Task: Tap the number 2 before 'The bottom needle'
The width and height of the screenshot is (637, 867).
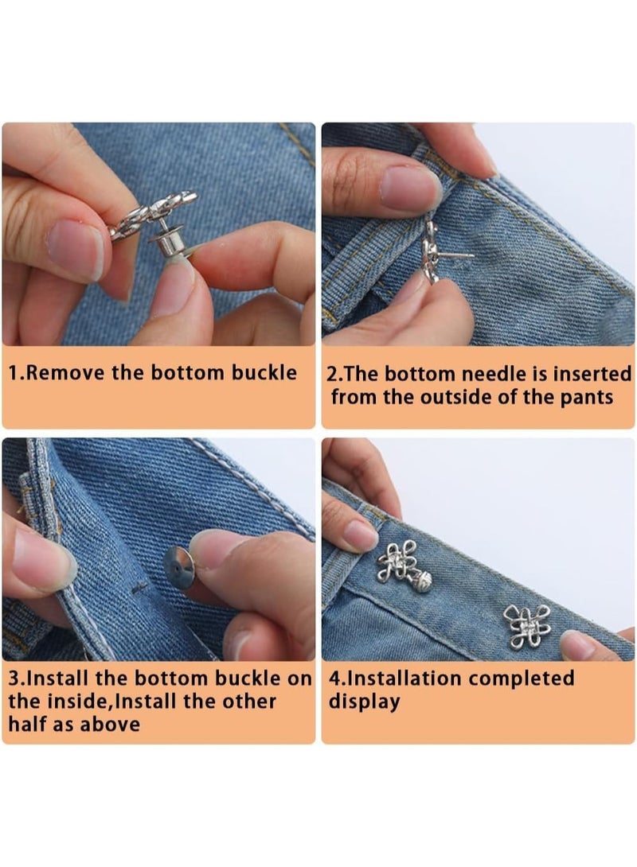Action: pyautogui.click(x=332, y=373)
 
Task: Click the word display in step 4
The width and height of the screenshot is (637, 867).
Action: pyautogui.click(x=364, y=702)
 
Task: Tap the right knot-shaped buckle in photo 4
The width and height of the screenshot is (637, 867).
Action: pyautogui.click(x=525, y=624)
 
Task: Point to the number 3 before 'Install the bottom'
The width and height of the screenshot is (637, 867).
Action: pyautogui.click(x=14, y=679)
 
